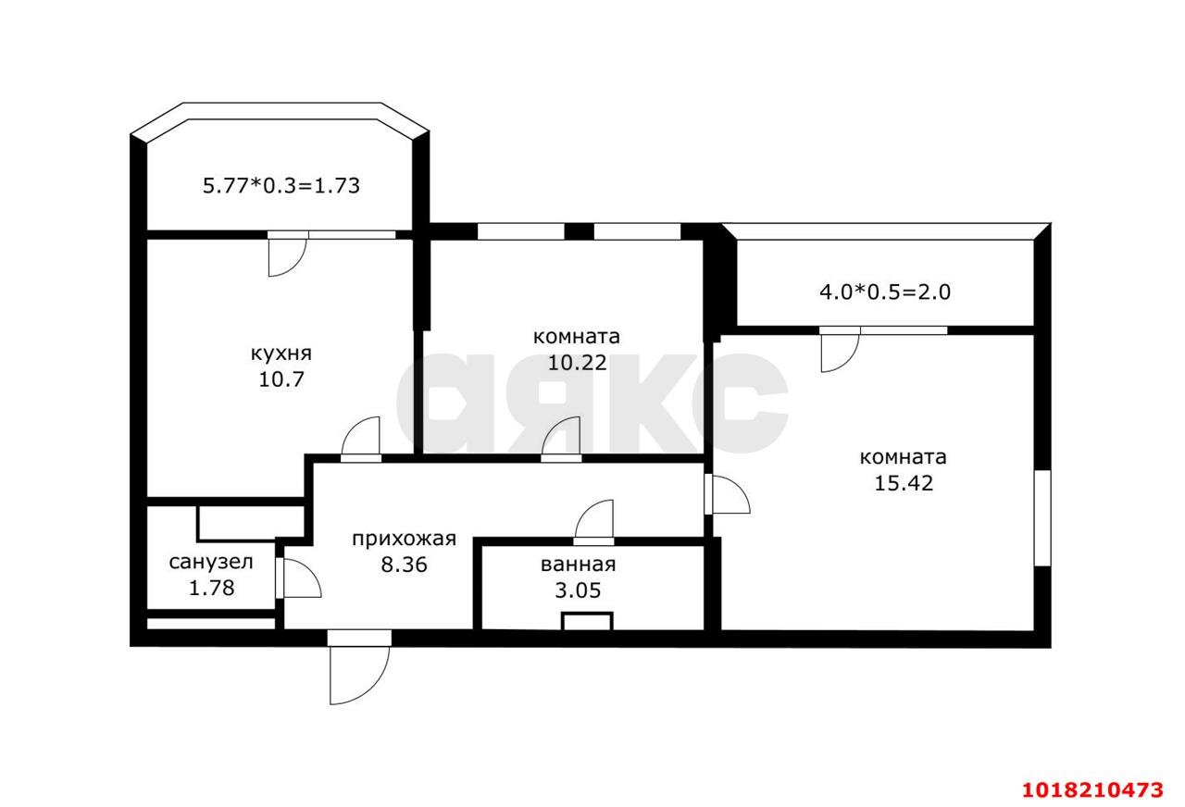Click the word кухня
tap(281, 354)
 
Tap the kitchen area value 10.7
tap(281, 379)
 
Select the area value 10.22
tap(577, 363)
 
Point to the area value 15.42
tap(903, 483)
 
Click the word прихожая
tap(404, 540)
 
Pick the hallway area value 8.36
tap(404, 565)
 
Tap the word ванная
tap(579, 565)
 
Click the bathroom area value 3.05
tap(578, 590)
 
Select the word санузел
tap(211, 563)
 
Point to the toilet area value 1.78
tap(212, 588)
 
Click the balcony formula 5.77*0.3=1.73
tap(281, 186)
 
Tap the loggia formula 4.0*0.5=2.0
tap(885, 292)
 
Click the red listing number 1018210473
tap(1092, 790)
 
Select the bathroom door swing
tap(593, 523)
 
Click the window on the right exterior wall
tap(1042, 518)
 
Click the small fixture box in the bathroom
tap(587, 621)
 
